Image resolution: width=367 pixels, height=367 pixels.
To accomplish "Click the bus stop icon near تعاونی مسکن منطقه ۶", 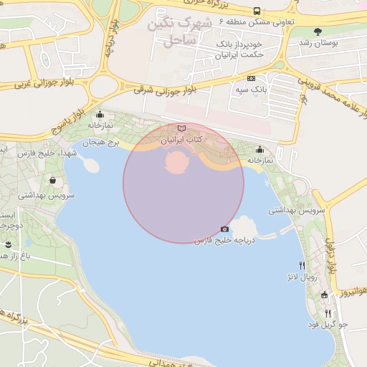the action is click(x=257, y=11).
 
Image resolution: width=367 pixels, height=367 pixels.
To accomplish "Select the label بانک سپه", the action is click(x=251, y=91).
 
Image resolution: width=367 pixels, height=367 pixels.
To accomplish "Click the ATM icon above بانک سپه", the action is click(x=251, y=78).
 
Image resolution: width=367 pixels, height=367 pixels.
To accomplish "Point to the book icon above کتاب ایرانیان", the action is click(x=181, y=128).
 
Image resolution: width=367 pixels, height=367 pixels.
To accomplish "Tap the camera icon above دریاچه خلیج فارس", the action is click(x=224, y=229).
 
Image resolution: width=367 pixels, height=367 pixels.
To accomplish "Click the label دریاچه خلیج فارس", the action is click(x=223, y=240).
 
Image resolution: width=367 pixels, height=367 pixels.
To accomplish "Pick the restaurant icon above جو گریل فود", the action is click(x=328, y=313).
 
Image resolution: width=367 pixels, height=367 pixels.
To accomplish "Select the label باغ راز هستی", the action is click(x=14, y=255).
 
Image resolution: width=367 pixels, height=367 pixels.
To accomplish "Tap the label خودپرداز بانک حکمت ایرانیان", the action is click(x=239, y=49).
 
